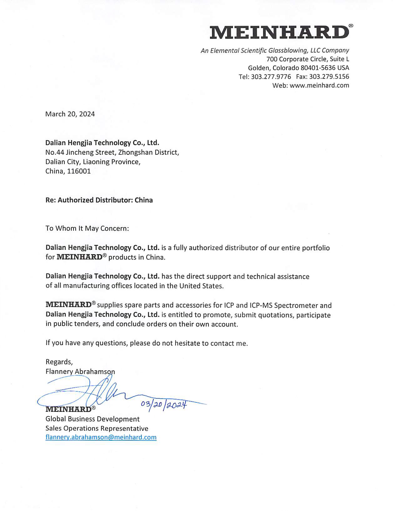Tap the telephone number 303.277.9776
[x=271, y=77]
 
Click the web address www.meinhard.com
[x=319, y=85]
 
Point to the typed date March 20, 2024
[x=70, y=114]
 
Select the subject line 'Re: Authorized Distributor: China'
[x=99, y=200]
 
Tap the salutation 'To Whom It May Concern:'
[x=87, y=228]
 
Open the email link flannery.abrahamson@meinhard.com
[x=101, y=437]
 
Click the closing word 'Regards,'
[x=59, y=362]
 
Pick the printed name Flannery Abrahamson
[x=80, y=372]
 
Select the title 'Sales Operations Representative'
[x=97, y=428]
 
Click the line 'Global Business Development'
[x=93, y=419]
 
